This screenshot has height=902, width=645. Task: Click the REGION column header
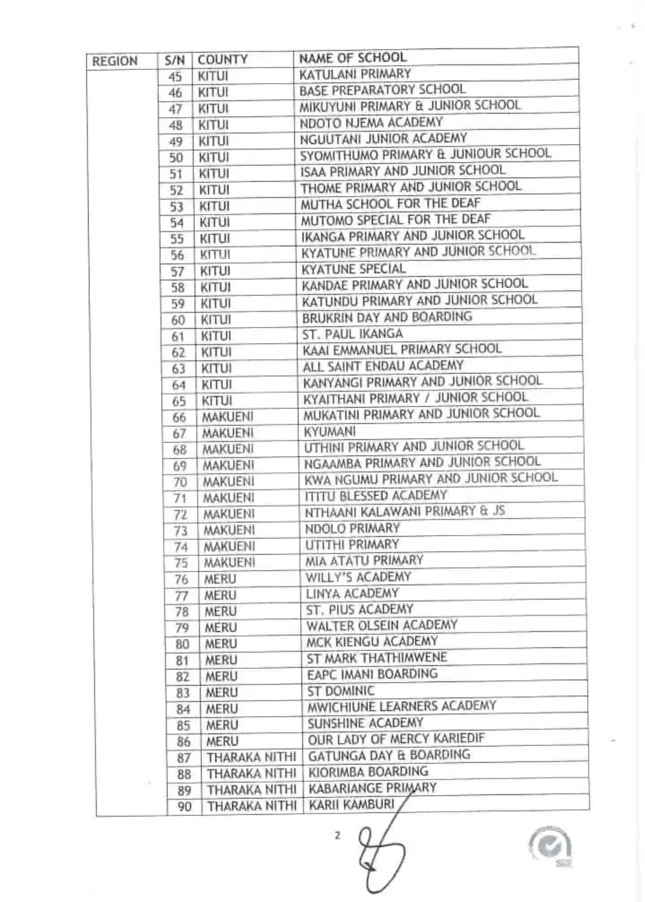[115, 61]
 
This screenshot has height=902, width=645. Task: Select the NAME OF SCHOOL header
[353, 58]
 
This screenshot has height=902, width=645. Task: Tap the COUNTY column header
[222, 60]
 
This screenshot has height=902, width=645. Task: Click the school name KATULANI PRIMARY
[355, 74]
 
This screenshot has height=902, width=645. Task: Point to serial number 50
[176, 158]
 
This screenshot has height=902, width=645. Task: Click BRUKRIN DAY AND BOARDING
[387, 317]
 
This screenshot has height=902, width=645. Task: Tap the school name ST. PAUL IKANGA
[352, 334]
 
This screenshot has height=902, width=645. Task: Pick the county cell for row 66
[227, 417]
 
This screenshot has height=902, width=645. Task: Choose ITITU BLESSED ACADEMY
[375, 496]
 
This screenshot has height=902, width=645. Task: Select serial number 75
[181, 563]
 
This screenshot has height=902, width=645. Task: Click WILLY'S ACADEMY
[358, 577]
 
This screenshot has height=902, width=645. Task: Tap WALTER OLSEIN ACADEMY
[381, 626]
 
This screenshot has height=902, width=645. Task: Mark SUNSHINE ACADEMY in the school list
[365, 723]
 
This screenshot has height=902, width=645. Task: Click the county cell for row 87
[251, 758]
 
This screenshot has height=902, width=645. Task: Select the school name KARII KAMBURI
[351, 804]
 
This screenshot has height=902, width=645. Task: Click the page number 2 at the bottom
[337, 836]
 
